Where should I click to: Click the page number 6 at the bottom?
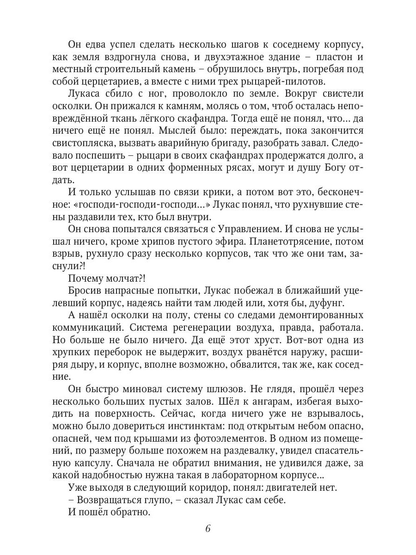[x=208, y=529]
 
